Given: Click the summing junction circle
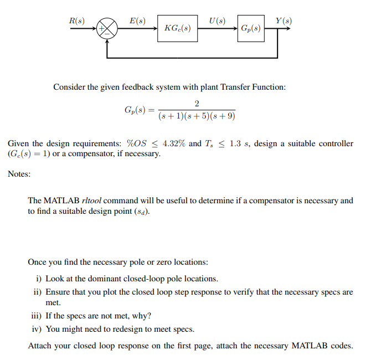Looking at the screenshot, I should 108,28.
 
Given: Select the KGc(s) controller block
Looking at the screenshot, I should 178,28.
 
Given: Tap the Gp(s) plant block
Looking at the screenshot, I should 250,28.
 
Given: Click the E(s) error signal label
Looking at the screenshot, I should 137,20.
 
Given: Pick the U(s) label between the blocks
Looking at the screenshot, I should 218,20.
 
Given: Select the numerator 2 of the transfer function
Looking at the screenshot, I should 197,104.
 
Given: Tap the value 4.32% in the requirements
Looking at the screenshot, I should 173,143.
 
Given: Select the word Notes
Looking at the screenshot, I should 19,174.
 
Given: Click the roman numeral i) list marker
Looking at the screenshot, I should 39,279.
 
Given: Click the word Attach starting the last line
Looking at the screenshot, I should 40,346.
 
